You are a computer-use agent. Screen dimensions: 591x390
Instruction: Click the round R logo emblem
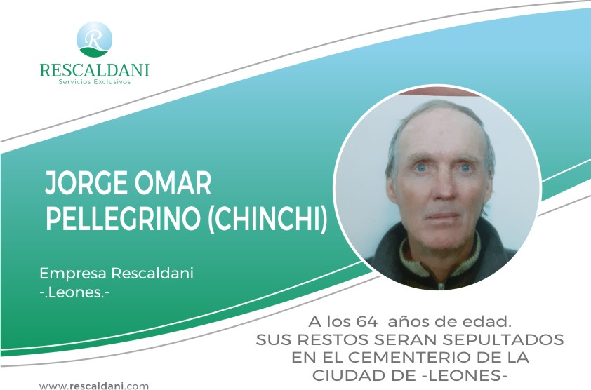[x=94, y=39]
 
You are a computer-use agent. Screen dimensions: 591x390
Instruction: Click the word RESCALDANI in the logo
[x=95, y=70]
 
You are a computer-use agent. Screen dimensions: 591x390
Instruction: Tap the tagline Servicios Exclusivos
[x=95, y=82]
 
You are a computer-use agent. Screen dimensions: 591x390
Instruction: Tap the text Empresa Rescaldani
[x=117, y=273]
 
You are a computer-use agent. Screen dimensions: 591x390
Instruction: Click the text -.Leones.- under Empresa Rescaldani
[x=74, y=292]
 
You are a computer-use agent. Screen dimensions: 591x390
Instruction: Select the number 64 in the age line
[x=366, y=322]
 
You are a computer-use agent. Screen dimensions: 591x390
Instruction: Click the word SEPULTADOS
[x=503, y=340]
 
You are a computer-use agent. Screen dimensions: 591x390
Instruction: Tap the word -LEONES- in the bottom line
[x=462, y=375]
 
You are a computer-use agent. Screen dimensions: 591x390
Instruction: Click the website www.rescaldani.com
[x=94, y=386]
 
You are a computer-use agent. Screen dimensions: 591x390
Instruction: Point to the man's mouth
[x=442, y=216]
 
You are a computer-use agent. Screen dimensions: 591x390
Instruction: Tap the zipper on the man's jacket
[x=441, y=285]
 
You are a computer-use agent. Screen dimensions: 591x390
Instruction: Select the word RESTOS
[x=333, y=340]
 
